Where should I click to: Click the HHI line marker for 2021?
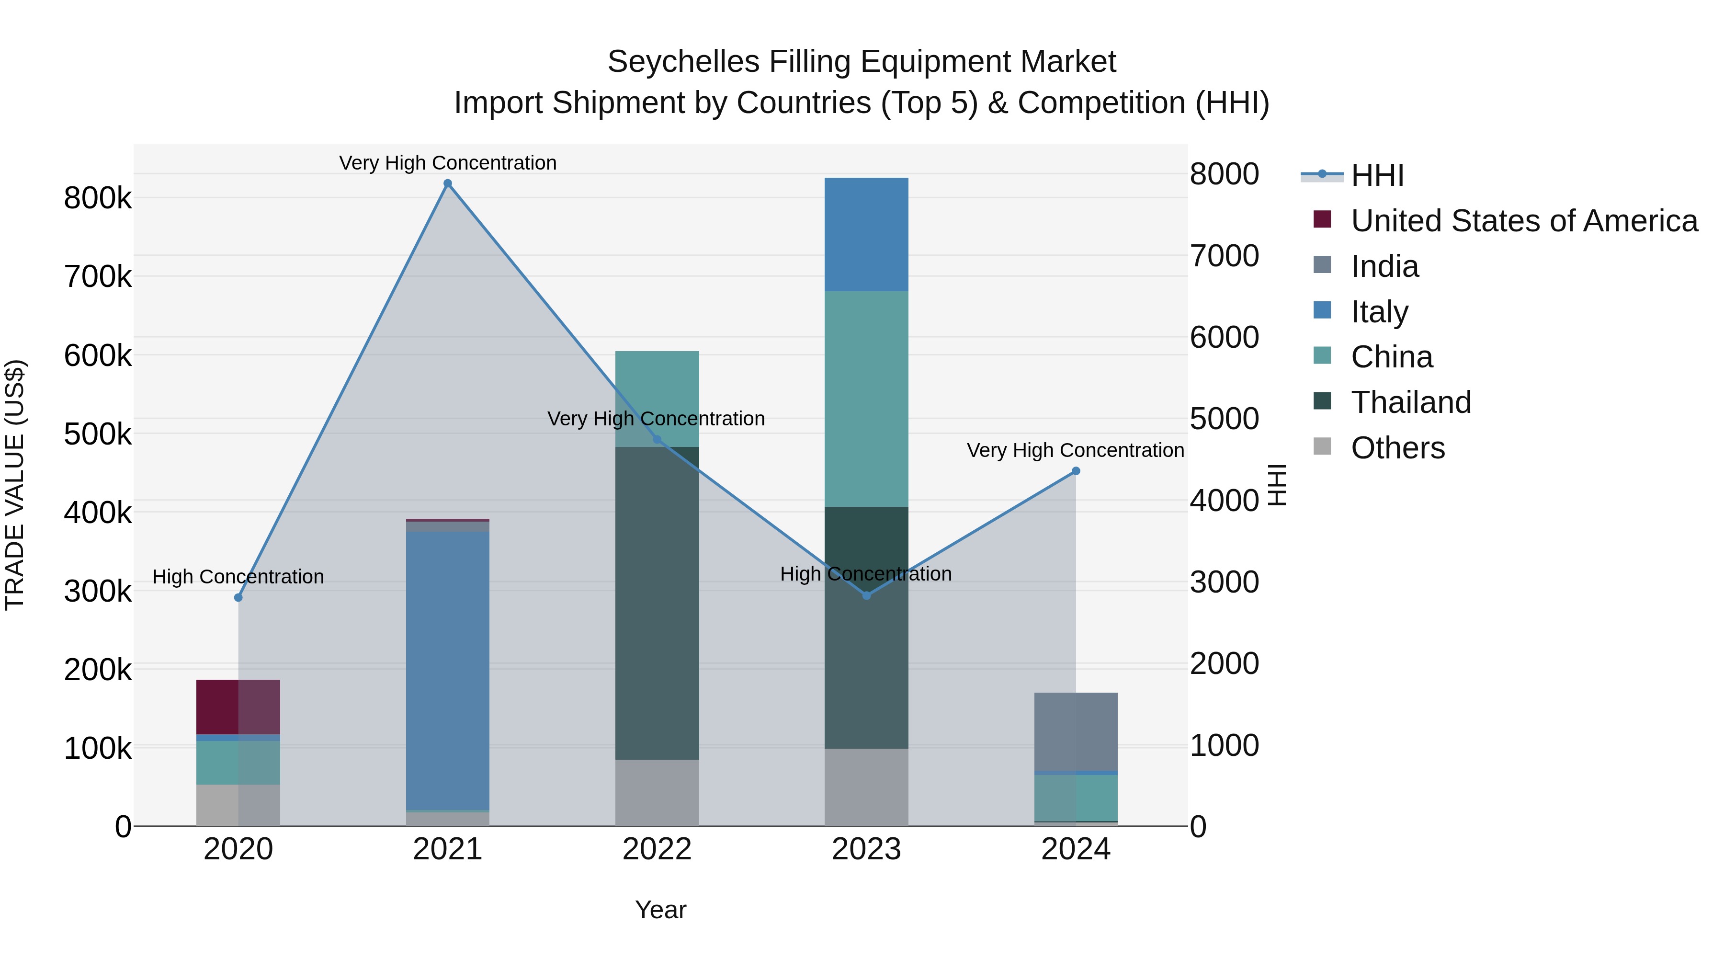coord(448,184)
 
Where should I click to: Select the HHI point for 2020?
coord(238,597)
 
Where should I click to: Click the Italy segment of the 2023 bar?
coord(866,234)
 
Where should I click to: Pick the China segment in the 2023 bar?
coord(866,399)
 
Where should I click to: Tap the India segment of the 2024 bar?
coord(1076,731)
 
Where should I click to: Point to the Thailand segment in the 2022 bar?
coord(657,603)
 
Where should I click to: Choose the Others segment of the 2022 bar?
coord(657,793)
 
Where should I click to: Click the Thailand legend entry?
coord(1411,402)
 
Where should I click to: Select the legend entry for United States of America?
coord(1524,221)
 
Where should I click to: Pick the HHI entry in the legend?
coord(1377,175)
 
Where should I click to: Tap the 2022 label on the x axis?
coord(657,849)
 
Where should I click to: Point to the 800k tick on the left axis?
coord(98,198)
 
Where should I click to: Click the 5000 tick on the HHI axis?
coord(1224,419)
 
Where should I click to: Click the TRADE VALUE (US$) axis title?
coord(15,485)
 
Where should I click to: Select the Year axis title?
coord(660,910)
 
